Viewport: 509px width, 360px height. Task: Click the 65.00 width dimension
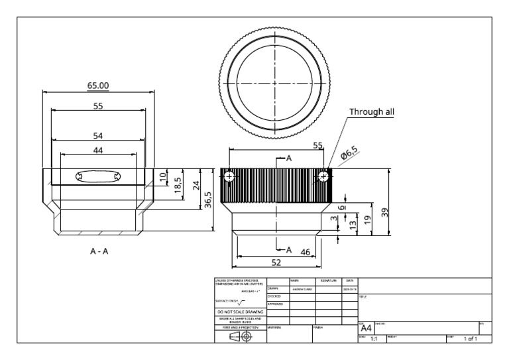click(98, 85)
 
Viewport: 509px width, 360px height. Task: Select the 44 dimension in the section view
click(98, 150)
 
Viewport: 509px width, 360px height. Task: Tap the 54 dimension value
click(98, 135)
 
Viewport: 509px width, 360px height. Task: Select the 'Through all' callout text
click(372, 111)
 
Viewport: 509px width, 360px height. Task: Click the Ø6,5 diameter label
click(349, 154)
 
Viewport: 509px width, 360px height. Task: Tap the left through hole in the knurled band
click(230, 177)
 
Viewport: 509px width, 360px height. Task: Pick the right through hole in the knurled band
click(323, 177)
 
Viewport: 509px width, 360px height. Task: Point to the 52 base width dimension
click(276, 263)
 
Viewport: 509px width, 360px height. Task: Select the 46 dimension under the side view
click(306, 251)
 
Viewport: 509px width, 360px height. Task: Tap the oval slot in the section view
click(98, 176)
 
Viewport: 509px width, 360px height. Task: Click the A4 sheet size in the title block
click(365, 328)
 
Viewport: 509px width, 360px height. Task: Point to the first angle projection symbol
click(240, 336)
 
